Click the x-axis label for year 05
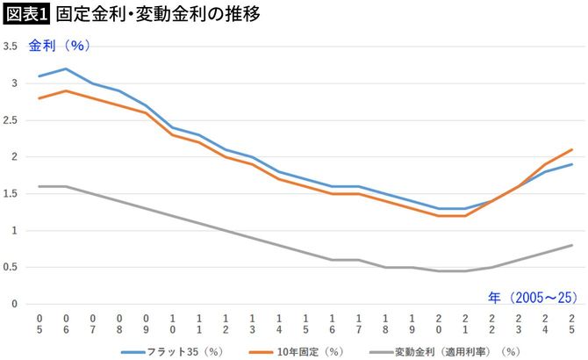tap(39, 322)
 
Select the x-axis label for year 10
tap(173, 322)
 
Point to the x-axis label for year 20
tap(439, 322)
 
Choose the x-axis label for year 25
tap(572, 322)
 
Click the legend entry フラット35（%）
tap(172, 350)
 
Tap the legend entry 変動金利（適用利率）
tap(448, 350)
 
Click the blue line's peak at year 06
tap(66, 68)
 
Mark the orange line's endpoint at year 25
tap(572, 149)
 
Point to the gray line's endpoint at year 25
tap(572, 245)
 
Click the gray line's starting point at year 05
tap(39, 186)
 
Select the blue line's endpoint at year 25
tap(572, 164)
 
